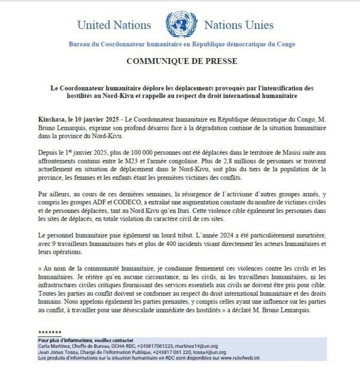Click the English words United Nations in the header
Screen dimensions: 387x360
[114, 25]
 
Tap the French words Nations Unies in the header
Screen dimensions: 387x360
[239, 25]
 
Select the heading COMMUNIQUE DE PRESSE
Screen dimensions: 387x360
[182, 61]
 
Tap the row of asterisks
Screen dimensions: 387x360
[50, 333]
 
